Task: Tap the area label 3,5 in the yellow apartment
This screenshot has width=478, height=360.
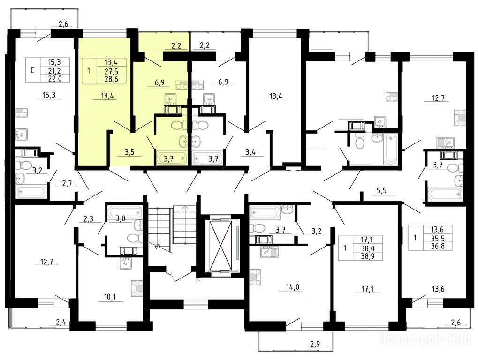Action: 129,152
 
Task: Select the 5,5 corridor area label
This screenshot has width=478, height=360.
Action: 381,191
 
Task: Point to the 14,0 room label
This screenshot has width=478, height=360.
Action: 291,287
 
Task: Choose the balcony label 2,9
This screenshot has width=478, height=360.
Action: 315,344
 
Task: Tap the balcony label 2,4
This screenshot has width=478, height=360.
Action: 61,322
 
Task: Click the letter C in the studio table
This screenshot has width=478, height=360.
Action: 32,70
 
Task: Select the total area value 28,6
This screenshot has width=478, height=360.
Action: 111,79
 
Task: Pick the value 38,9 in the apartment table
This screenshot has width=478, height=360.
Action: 367,256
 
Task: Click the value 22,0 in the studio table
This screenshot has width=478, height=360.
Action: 54,79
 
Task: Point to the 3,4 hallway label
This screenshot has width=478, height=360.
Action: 250,152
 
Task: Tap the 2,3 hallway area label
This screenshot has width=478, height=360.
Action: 88,218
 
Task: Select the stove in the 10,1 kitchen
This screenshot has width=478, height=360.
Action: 137,288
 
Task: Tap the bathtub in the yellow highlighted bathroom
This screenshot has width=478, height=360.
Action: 171,158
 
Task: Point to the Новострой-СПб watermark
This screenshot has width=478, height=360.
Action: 425,339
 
